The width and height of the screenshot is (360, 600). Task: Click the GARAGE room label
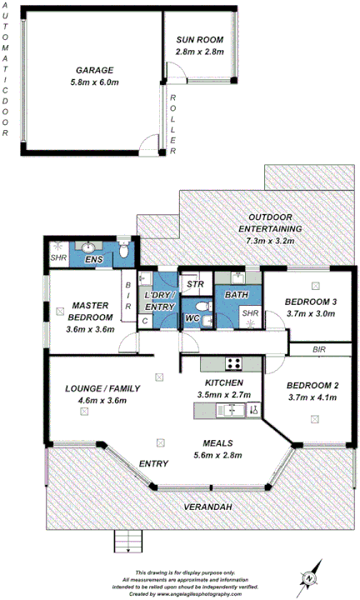(94, 70)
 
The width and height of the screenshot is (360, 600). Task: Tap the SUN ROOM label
(198, 40)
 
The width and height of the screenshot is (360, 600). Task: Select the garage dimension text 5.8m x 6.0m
(94, 82)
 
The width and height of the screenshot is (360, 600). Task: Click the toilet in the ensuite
(122, 249)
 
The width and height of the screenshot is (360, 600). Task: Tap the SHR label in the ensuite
(57, 258)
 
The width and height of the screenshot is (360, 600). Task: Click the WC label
(191, 317)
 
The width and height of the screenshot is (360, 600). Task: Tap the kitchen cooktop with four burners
(232, 362)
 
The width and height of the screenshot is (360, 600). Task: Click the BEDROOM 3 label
(311, 302)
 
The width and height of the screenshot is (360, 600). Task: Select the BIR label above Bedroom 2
(319, 351)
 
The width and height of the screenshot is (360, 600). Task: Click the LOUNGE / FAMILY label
(102, 388)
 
